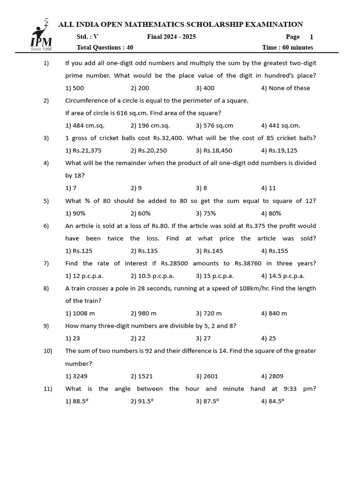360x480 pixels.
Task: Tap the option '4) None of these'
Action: (285, 88)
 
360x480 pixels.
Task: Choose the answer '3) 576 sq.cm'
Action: (214, 126)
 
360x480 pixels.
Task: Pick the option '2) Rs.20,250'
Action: (149, 150)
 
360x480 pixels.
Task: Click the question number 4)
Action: (46, 163)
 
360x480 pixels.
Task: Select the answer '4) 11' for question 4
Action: (269, 188)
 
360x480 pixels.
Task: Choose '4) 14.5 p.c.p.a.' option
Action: (283, 276)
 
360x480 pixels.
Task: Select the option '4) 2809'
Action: (272, 376)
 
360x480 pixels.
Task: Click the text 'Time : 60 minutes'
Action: (287, 47)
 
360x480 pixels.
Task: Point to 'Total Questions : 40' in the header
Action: (105, 47)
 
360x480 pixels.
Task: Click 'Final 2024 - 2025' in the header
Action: (171, 37)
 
